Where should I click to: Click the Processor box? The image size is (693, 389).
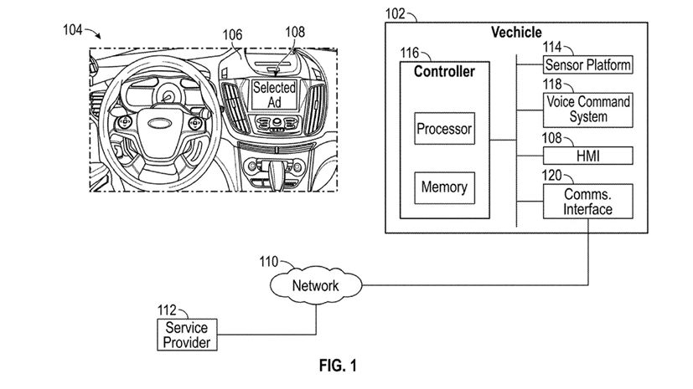444,130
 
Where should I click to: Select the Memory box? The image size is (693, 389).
444,187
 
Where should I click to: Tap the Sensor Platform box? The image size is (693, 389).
587,65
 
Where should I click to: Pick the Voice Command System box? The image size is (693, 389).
587,110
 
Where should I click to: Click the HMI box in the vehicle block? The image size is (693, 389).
587,156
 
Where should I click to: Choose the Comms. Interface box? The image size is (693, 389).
587,202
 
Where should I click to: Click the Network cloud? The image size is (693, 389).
315,286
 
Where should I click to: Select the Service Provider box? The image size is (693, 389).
186,335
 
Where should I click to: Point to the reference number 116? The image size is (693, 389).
409,53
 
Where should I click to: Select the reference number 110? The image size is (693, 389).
269,261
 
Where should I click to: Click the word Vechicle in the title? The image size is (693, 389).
515,33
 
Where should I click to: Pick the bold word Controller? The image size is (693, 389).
444,72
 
